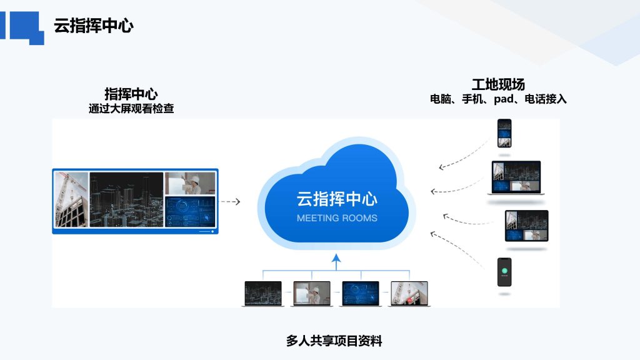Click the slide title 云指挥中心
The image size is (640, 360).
[94, 25]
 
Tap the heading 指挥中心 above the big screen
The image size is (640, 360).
[131, 94]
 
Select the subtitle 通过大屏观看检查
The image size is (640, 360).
[131, 109]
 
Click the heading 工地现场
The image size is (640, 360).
[498, 84]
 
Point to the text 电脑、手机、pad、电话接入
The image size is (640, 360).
[498, 99]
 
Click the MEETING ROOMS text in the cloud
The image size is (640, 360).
[337, 218]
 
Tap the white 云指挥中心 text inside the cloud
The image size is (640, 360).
[337, 199]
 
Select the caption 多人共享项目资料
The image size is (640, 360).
[334, 341]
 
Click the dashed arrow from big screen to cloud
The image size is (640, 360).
[231, 202]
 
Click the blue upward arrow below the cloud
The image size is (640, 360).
[336, 262]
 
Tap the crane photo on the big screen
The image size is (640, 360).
[72, 199]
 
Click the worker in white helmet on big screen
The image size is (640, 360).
[190, 183]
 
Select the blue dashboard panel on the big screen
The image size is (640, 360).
[190, 211]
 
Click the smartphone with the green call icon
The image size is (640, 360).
[504, 272]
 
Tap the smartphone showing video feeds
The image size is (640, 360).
[504, 133]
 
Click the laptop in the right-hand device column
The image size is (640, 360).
[516, 177]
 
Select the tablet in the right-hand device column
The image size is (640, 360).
[526, 226]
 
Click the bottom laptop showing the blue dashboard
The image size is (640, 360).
[361, 294]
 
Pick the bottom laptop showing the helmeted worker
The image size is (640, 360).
[312, 294]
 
